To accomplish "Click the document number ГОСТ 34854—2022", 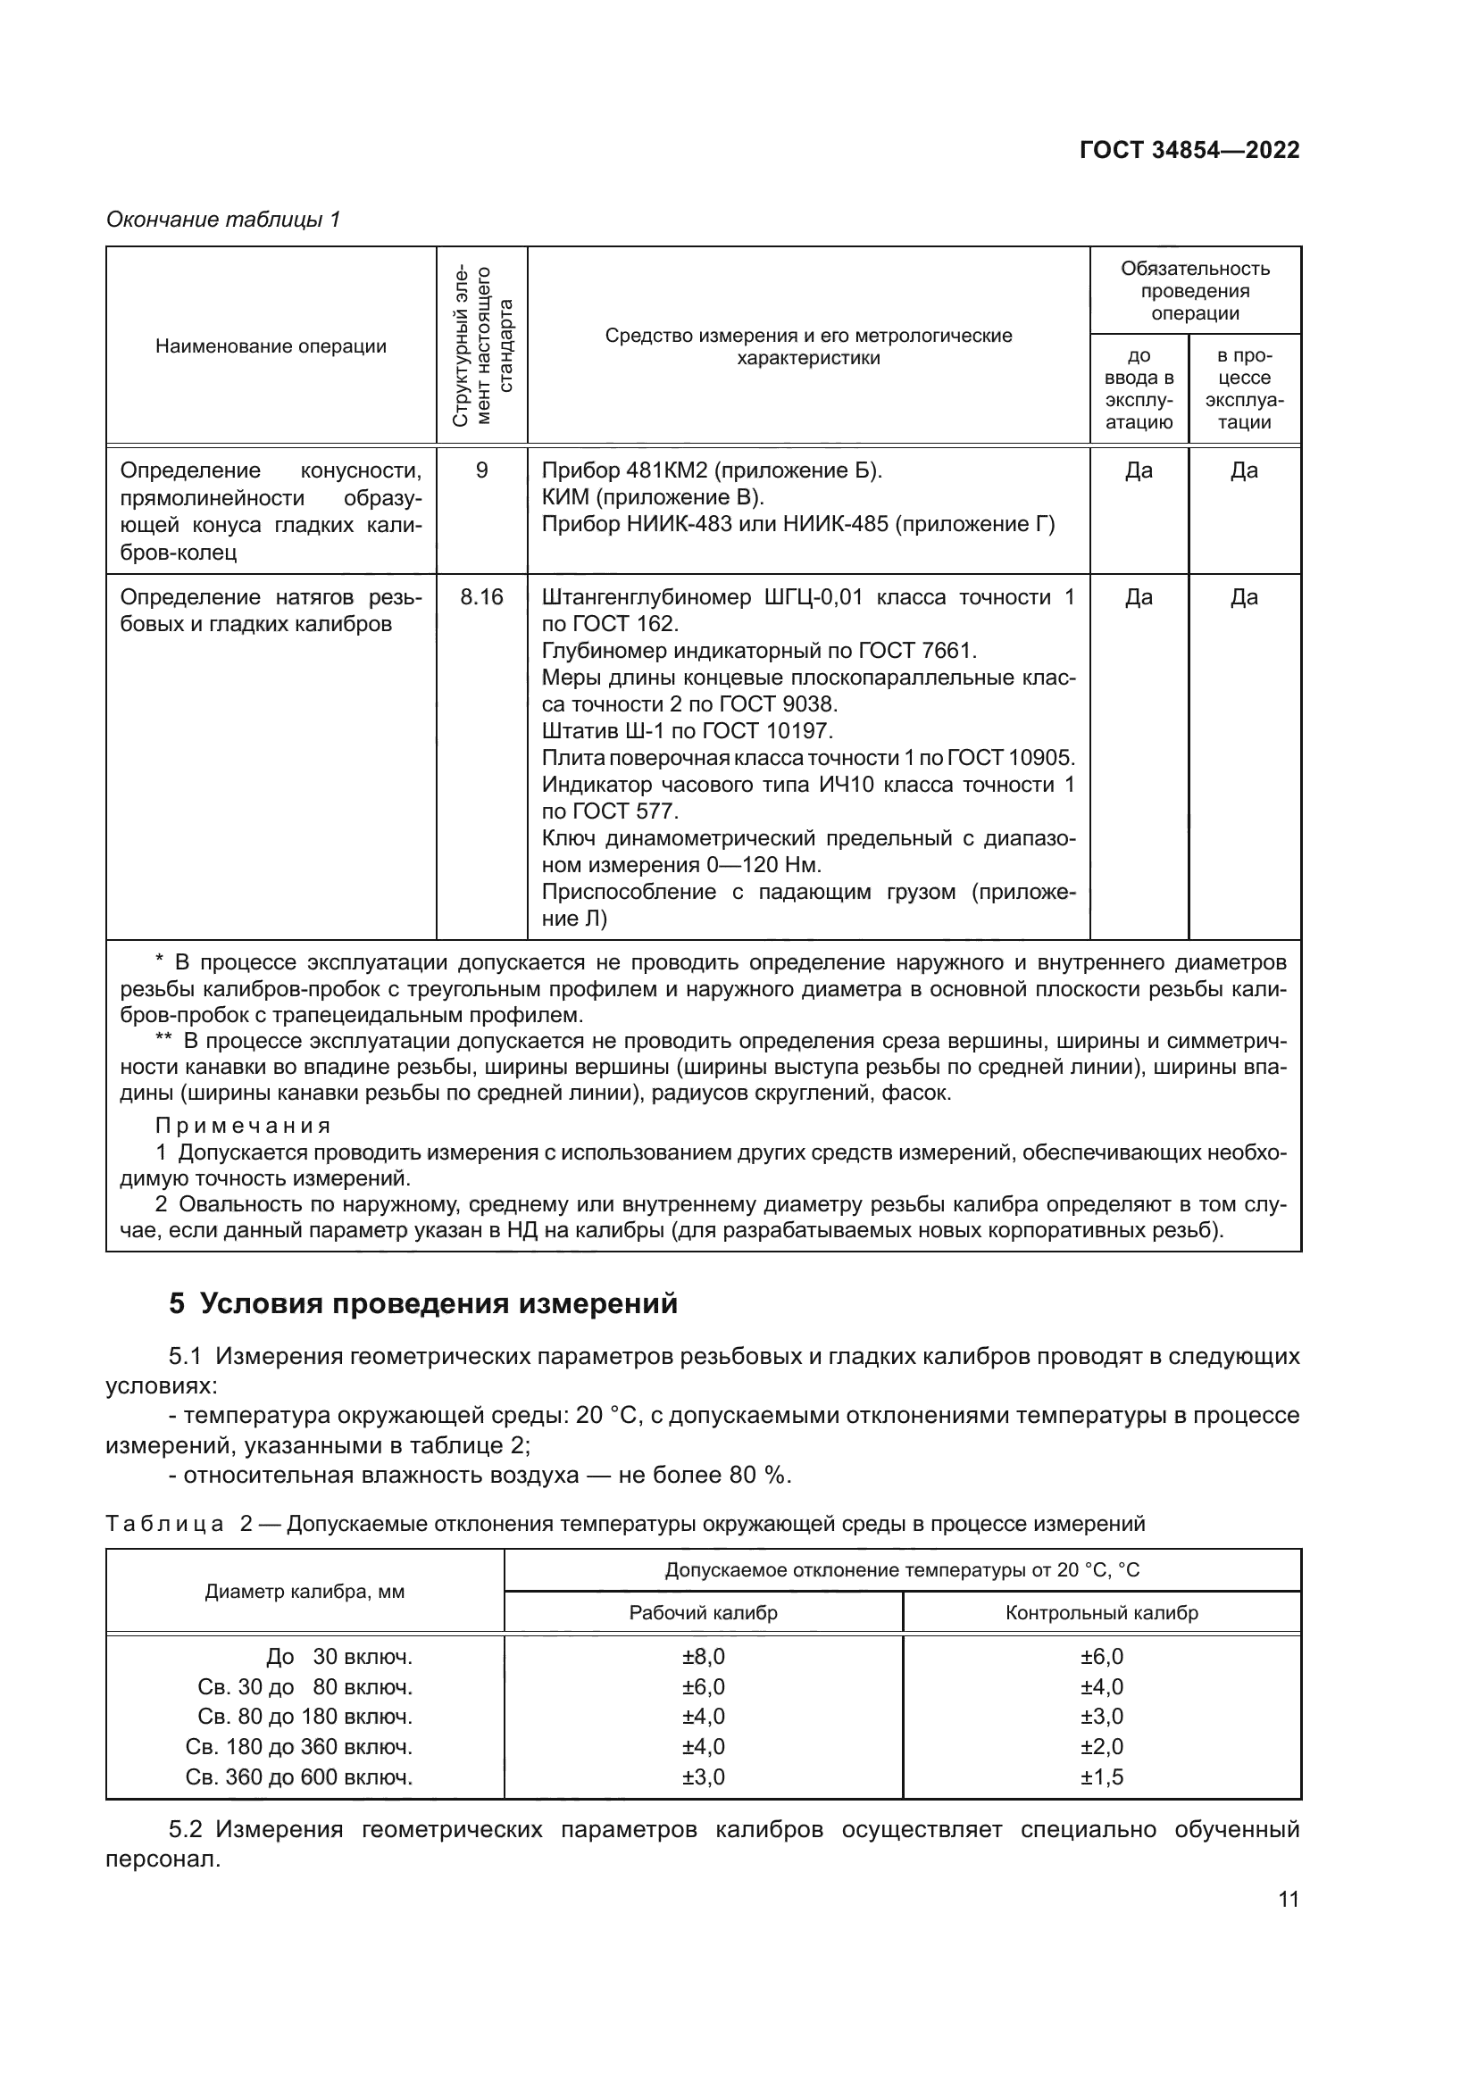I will [x=1189, y=151].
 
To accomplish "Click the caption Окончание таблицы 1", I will [x=223, y=220].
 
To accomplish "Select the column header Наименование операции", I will [x=271, y=346].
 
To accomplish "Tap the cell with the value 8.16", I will [x=481, y=597].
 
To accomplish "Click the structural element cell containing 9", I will [x=481, y=471].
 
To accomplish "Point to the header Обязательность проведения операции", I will [x=1194, y=291].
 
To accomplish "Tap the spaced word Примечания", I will [x=243, y=1127].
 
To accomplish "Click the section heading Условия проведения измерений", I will [x=439, y=1304].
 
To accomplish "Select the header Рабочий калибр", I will [x=703, y=1613].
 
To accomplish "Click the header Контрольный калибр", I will [x=1101, y=1613].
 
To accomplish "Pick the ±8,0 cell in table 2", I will [x=703, y=1657].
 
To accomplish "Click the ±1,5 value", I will [x=1101, y=1777].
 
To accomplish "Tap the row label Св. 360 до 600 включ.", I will [x=299, y=1777].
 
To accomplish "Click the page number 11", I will [x=1288, y=1900].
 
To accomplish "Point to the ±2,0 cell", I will [x=1101, y=1747].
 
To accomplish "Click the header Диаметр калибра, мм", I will [x=305, y=1593].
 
